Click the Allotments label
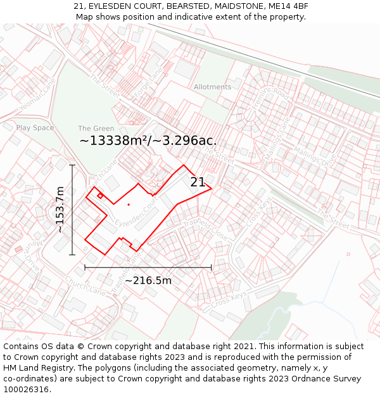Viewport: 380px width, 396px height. coord(212,87)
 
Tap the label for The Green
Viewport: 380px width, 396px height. coord(96,129)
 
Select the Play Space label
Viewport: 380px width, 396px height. coord(35,127)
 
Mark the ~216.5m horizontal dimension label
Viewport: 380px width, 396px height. coord(148,280)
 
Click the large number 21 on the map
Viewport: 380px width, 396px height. coord(198,182)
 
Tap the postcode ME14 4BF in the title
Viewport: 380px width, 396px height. coord(288,6)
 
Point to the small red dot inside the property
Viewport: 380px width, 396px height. coord(129,205)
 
